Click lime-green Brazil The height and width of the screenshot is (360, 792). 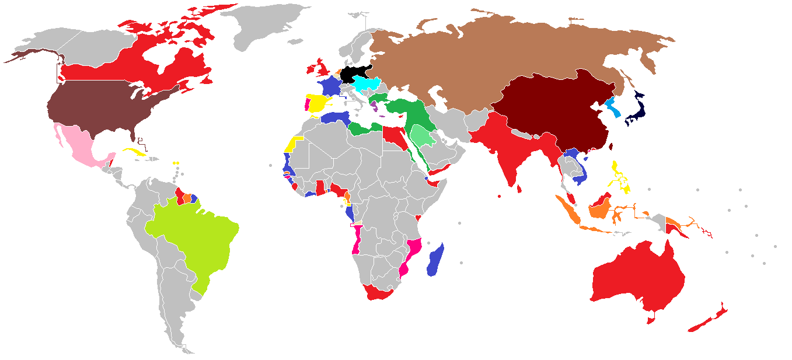(193, 233)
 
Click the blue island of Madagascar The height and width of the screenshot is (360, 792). (436, 261)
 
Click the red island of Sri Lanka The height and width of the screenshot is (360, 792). (519, 188)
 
